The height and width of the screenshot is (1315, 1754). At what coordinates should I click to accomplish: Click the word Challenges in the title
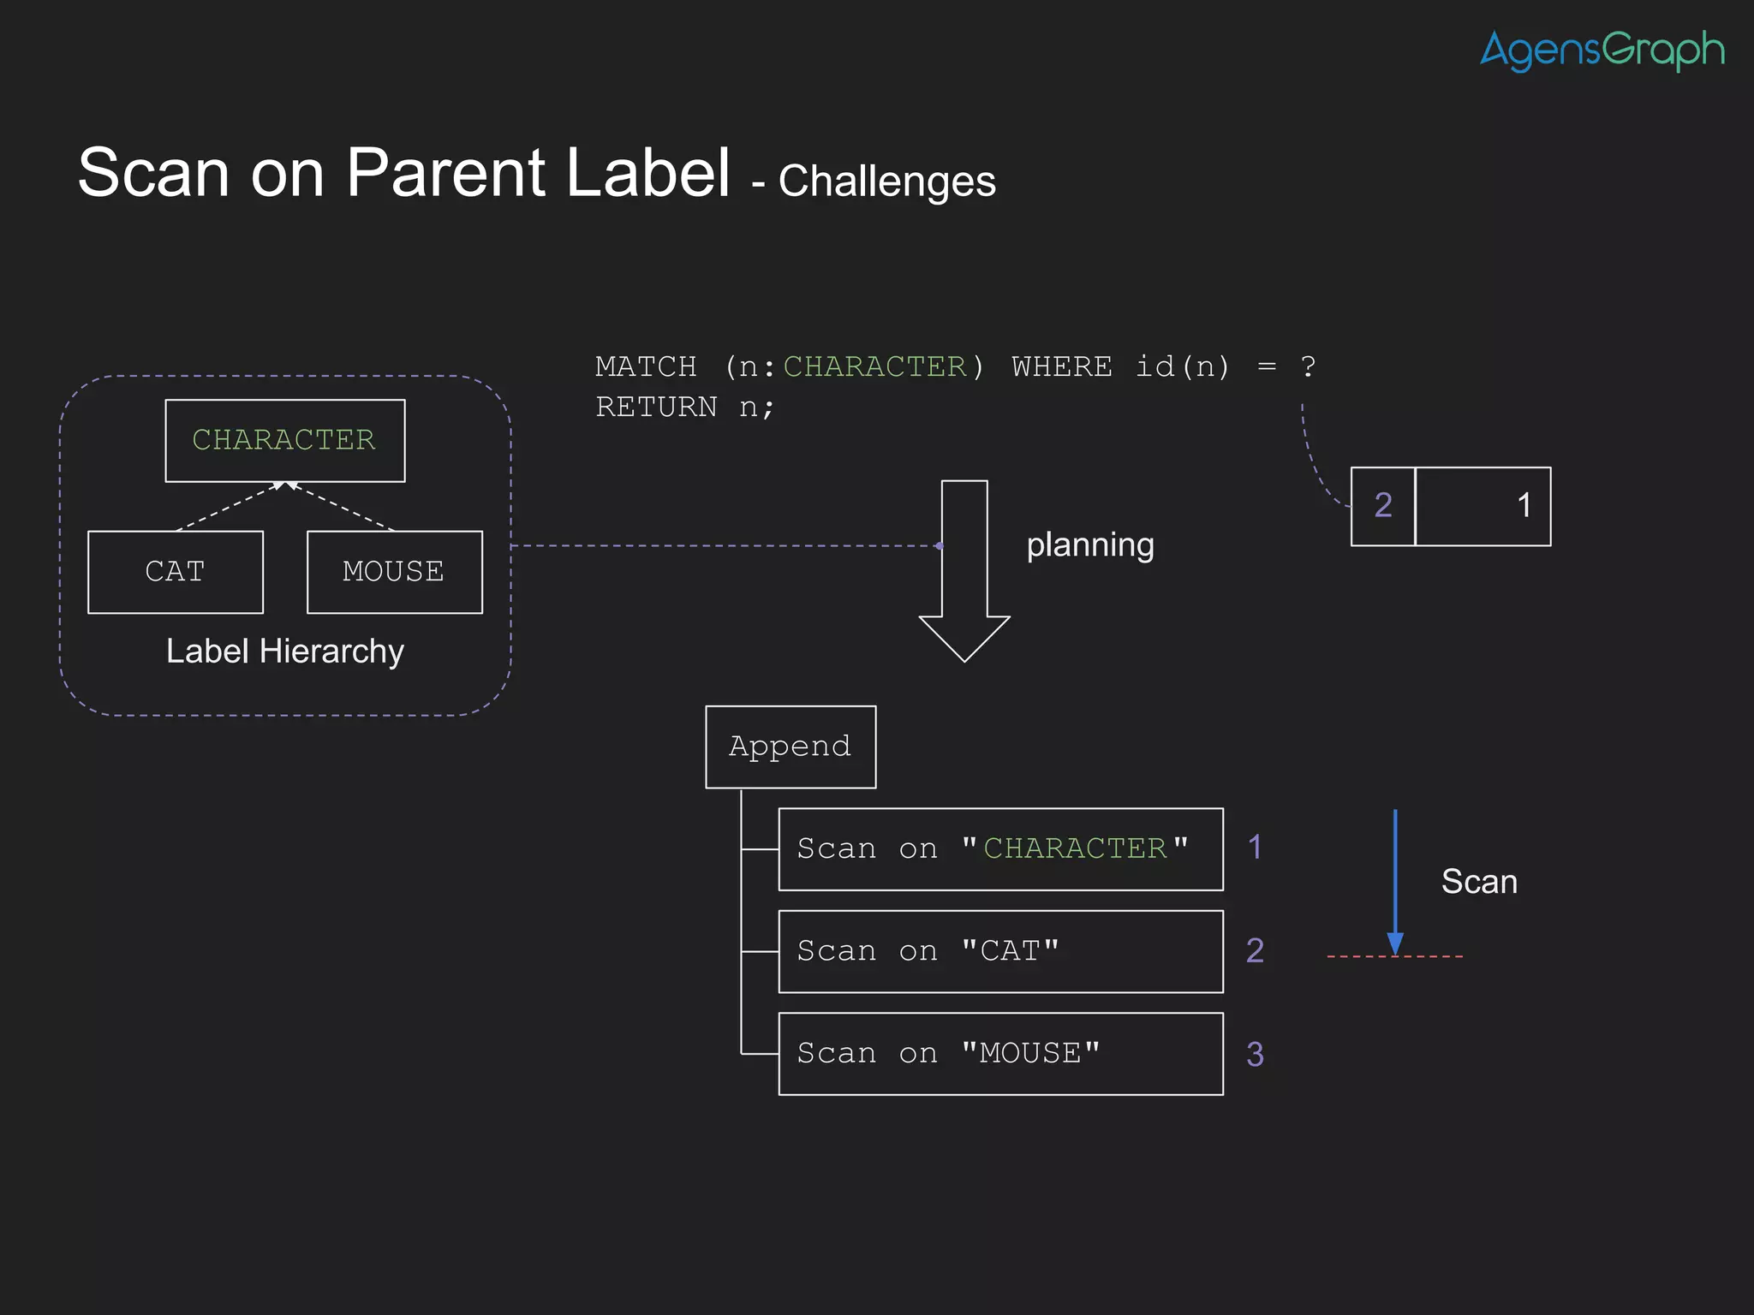(x=886, y=181)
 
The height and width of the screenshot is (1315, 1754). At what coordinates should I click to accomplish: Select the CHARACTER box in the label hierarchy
(x=284, y=440)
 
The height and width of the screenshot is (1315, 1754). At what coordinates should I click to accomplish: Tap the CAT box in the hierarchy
(x=175, y=572)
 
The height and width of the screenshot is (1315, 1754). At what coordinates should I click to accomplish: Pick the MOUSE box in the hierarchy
(x=394, y=572)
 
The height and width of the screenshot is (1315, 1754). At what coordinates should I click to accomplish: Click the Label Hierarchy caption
(x=284, y=652)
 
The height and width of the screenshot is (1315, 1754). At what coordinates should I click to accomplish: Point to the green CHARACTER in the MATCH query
(x=874, y=367)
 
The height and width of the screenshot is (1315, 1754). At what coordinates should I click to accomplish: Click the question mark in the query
(x=1308, y=367)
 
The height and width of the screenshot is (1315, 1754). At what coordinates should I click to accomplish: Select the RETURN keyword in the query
(x=656, y=408)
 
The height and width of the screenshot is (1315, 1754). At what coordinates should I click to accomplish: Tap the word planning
(x=1089, y=545)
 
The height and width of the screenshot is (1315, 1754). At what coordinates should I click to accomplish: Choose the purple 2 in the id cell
(x=1382, y=506)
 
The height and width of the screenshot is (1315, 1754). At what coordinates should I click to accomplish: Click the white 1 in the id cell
(x=1524, y=506)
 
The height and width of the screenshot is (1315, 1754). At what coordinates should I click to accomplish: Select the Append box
(x=790, y=747)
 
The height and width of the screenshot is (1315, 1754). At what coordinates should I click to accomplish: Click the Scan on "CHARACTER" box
(x=1000, y=849)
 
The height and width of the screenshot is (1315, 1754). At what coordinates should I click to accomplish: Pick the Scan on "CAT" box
(x=1000, y=951)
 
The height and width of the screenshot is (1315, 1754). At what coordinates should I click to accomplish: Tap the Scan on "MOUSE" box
(x=1000, y=1054)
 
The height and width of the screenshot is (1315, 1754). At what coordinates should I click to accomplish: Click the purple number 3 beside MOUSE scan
(x=1255, y=1055)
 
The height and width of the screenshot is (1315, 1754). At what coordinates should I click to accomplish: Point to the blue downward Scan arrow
(x=1395, y=882)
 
